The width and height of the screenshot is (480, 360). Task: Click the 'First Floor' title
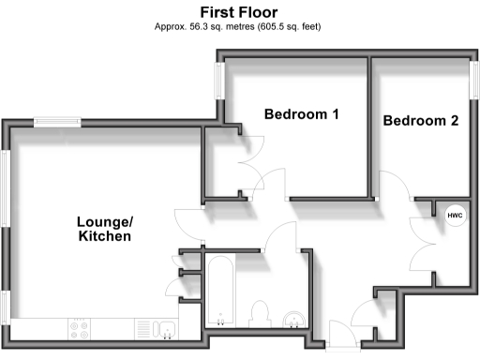click(239, 11)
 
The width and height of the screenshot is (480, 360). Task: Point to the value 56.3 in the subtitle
click(204, 26)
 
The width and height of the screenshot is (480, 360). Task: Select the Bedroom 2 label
click(420, 121)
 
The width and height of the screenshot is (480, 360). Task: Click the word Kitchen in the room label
click(104, 237)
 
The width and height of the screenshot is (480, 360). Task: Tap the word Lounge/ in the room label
click(104, 221)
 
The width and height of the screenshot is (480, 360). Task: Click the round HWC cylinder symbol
click(455, 216)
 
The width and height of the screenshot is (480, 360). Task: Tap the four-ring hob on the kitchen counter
click(79, 328)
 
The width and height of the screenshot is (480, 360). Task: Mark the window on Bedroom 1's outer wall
click(220, 80)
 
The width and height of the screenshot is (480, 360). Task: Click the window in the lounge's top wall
click(57, 121)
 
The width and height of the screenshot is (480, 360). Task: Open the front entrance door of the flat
click(338, 336)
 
